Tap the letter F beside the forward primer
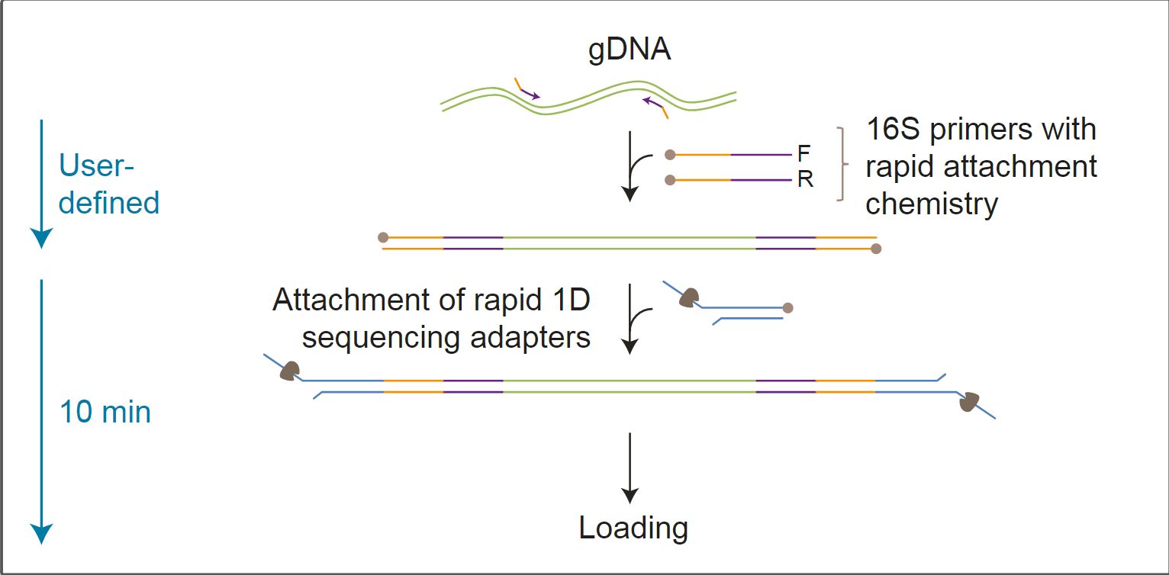coord(803,154)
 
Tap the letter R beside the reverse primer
coord(804,181)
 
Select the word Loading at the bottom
coord(633,528)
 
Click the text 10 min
coord(105,413)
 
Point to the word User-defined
coord(108,184)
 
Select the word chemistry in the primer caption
coord(932,204)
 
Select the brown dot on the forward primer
coord(670,155)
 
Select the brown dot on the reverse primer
coord(670,181)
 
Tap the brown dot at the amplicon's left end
coord(383,238)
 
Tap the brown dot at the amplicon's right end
coord(876,249)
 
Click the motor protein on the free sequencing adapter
coord(690,297)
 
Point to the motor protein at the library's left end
coord(290,371)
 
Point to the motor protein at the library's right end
coord(970,401)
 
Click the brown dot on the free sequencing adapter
coord(788,308)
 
